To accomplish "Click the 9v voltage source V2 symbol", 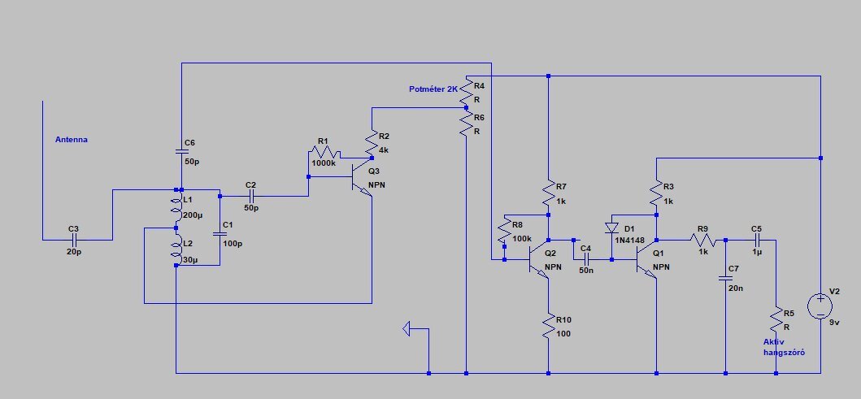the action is tap(820, 306).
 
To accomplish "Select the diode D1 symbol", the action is tap(611, 228).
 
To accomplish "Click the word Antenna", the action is tap(72, 140).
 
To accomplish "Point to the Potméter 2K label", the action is tap(433, 89).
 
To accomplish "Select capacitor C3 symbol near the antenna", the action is tap(74, 240).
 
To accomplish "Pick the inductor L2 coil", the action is tap(176, 249).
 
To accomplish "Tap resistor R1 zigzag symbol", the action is tap(325, 152).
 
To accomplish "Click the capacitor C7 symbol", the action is tap(725, 278).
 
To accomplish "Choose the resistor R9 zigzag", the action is tap(703, 240).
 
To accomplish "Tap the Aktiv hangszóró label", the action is tap(784, 347).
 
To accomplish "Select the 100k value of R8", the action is tap(522, 238).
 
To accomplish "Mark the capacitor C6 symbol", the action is tap(181, 151).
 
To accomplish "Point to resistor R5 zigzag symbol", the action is tap(776, 319).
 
